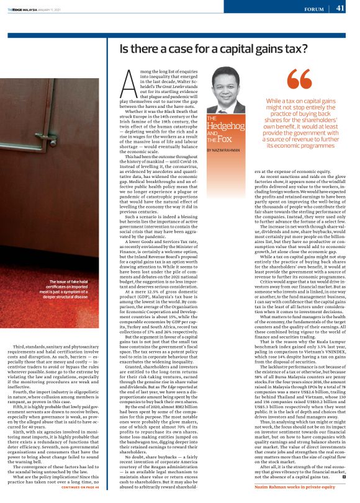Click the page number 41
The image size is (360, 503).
[x=340, y=8]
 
